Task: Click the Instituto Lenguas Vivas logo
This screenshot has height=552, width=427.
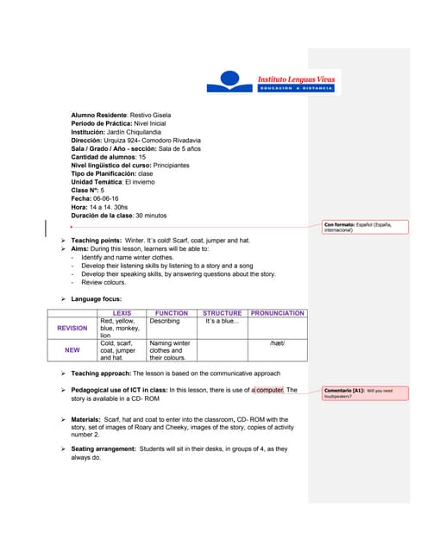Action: tap(273, 83)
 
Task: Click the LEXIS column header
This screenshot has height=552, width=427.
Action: tap(122, 313)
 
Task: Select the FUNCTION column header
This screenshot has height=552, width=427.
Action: tap(172, 313)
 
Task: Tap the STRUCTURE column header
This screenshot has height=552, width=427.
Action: tap(223, 313)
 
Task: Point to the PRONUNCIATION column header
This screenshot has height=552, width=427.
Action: tap(277, 313)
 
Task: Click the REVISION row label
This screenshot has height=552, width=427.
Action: tap(72, 328)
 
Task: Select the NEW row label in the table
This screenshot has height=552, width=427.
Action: tap(72, 350)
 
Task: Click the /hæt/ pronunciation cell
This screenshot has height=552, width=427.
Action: tap(277, 343)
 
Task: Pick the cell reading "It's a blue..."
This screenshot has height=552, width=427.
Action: tap(222, 321)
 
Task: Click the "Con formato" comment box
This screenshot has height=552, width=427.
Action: tap(358, 229)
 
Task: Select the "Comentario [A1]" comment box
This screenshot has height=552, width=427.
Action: tap(357, 393)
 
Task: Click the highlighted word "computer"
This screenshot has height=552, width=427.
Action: tap(269, 390)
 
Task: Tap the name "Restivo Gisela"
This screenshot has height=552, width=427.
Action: tap(151, 115)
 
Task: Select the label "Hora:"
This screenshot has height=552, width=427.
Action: tap(80, 207)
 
